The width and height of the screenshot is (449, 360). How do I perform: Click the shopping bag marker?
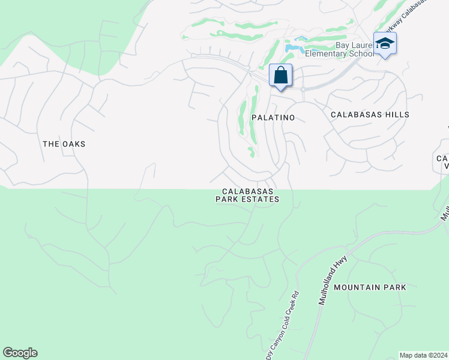click(x=280, y=76)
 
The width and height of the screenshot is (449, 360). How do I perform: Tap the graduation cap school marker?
click(x=384, y=44)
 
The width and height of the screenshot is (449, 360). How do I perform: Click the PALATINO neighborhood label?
click(x=273, y=118)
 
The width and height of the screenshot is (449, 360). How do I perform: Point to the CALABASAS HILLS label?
click(x=370, y=114)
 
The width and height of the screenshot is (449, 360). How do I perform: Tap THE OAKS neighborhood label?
click(x=64, y=144)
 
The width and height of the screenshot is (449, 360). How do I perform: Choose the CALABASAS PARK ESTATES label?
click(x=247, y=196)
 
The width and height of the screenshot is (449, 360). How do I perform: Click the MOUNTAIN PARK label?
click(x=370, y=287)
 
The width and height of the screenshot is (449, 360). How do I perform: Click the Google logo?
click(x=20, y=353)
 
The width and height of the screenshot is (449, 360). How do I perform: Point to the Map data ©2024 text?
click(x=423, y=355)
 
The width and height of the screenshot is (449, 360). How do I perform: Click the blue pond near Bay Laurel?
click(x=292, y=46)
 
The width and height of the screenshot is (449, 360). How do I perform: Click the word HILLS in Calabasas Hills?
click(x=397, y=114)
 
